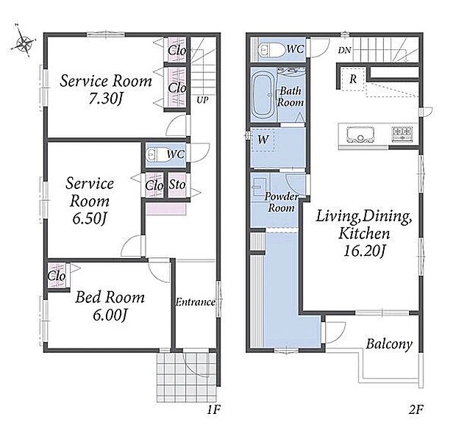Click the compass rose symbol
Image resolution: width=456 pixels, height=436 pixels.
tap(24, 43)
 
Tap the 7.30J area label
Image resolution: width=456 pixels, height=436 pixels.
tap(105, 99)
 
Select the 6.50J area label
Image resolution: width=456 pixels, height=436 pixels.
tap(89, 219)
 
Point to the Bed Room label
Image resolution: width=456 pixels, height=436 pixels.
tap(110, 297)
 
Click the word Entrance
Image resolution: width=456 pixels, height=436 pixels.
tap(195, 302)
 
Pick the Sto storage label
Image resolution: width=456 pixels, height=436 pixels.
tap(177, 185)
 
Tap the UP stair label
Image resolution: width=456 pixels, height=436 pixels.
tap(202, 100)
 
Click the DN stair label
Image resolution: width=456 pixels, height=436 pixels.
tap(345, 50)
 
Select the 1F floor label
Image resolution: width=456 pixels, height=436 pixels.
tap(213, 410)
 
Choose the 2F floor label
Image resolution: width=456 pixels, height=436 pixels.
tap(416, 410)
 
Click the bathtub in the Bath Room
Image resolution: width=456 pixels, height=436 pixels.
tap(263, 95)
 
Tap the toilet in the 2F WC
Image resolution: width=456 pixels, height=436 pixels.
tap(271, 50)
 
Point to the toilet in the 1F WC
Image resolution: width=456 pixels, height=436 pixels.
tap(157, 154)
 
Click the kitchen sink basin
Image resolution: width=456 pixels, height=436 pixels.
tap(360, 135)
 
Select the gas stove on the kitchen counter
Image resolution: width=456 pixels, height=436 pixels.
tap(402, 134)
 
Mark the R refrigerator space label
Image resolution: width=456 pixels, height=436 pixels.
tap(353, 79)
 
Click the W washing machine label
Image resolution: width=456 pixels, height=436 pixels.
tap(263, 140)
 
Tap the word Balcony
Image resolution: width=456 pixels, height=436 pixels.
tap(389, 344)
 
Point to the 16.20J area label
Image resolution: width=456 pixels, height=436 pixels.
tap(364, 251)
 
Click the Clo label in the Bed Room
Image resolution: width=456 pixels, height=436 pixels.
tap(57, 276)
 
